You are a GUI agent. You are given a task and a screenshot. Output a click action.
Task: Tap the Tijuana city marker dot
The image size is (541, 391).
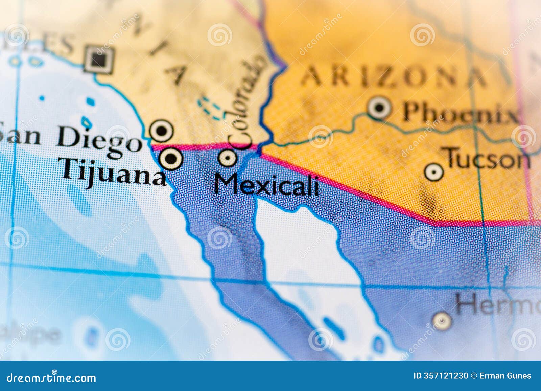coord(171,158)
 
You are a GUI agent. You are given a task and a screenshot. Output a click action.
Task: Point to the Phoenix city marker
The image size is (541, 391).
coord(379,108)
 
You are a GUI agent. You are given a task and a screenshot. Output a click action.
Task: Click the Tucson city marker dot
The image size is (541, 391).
coord(433,172)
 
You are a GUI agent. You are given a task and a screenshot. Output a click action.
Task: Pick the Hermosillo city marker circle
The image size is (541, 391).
coord(442,320)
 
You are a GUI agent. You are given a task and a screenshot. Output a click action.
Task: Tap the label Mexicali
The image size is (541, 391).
coord(266,185)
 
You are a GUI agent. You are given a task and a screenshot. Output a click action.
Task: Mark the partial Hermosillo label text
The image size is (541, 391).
coord(497,303)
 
